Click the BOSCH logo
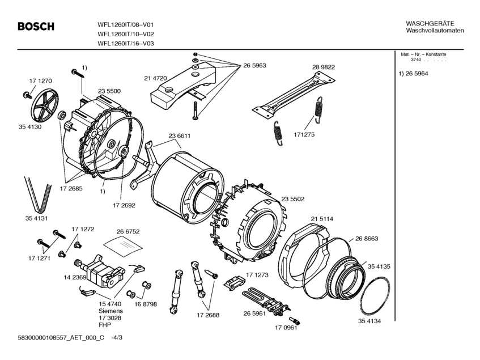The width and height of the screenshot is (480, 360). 36,26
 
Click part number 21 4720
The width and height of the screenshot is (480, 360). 139,77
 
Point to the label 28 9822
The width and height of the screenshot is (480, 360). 323,67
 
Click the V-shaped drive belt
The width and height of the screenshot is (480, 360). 36,192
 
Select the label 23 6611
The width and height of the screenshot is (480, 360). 179,135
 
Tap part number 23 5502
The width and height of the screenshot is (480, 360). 292,198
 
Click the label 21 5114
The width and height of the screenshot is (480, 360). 321,218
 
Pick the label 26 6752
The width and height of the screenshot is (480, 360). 128,231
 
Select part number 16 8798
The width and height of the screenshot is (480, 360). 146,304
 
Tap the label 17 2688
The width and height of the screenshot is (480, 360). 208,315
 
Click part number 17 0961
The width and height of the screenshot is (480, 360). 286,328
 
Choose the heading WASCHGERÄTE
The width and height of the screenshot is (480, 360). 430,23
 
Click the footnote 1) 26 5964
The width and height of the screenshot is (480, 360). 413,74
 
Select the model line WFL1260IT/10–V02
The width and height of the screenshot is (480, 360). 126,33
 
